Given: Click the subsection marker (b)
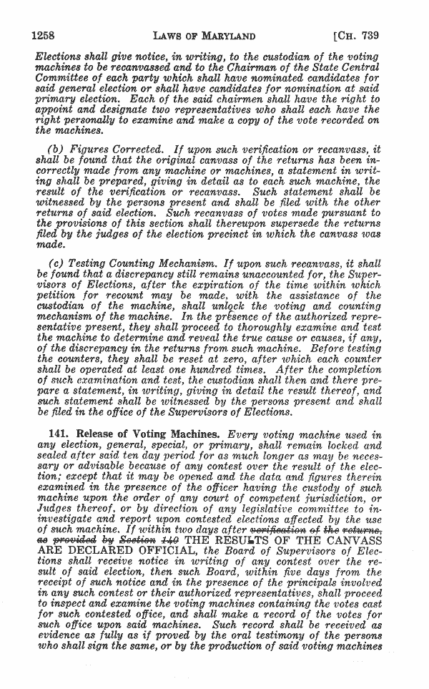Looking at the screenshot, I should point(55,149).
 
